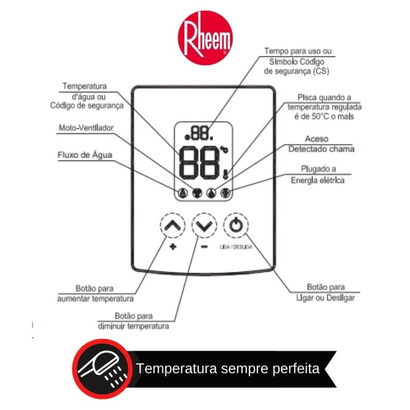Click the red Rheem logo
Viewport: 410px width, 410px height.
pyautogui.click(x=204, y=38)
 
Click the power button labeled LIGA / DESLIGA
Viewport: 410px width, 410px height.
pyautogui.click(x=235, y=225)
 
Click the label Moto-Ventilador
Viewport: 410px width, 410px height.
pyautogui.click(x=86, y=128)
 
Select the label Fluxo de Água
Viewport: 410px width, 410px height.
pyautogui.click(x=84, y=155)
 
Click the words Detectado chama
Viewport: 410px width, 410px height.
pyautogui.click(x=321, y=149)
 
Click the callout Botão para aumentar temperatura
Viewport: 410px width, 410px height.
pyautogui.click(x=95, y=294)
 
